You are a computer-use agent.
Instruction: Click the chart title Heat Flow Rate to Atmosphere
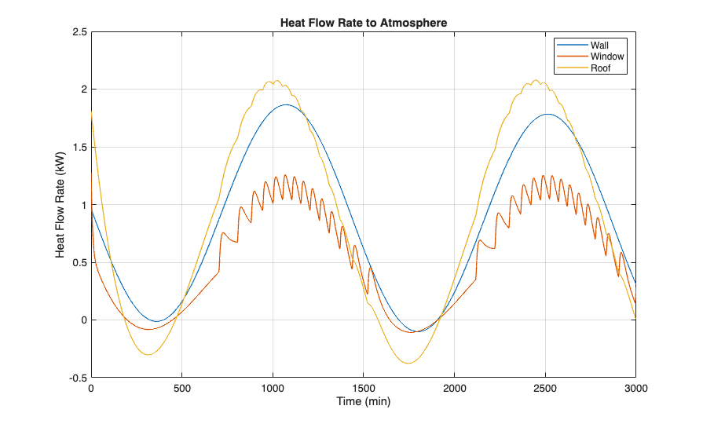364,23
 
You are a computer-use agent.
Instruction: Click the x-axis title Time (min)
364,401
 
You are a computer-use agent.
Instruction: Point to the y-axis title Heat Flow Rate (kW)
60,204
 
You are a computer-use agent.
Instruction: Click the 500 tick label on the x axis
182,388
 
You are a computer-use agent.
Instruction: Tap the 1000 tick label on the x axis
273,388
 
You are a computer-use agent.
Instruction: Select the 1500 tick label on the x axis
364,388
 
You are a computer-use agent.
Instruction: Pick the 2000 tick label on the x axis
454,388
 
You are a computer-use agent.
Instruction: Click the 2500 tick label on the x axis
545,388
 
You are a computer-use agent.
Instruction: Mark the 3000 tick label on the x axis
635,388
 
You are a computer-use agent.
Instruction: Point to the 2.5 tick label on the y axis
79,32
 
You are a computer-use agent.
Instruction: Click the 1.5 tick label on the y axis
79,147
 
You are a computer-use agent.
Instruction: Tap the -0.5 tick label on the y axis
78,377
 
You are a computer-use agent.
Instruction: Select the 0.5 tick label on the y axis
79,262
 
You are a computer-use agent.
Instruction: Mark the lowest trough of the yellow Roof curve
408,363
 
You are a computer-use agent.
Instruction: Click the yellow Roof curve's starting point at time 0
92,112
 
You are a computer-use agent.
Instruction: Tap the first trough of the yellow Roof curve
148,354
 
